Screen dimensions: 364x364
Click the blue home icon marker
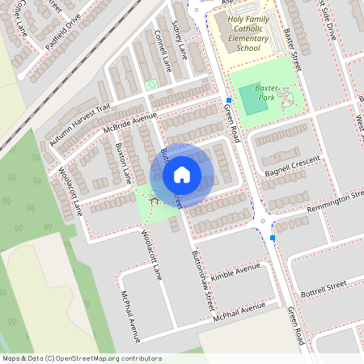pyautogui.click(x=182, y=174)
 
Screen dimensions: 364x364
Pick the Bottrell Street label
pyautogui.click(x=323, y=286)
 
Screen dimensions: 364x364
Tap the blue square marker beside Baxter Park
pyautogui.click(x=229, y=101)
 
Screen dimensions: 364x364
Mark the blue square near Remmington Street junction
pyautogui.click(x=273, y=238)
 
